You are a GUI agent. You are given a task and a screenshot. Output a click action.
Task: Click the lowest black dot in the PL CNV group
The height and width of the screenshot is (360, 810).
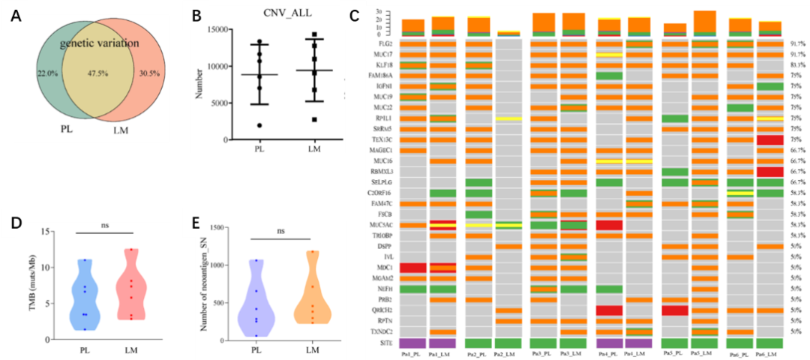[259, 125]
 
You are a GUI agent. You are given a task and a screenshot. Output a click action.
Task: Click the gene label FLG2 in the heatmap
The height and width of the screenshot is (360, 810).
[389, 44]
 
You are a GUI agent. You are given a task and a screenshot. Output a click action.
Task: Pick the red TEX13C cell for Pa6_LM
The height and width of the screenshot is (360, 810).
[770, 139]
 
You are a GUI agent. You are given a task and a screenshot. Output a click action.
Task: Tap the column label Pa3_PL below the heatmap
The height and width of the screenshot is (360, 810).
[543, 353]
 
